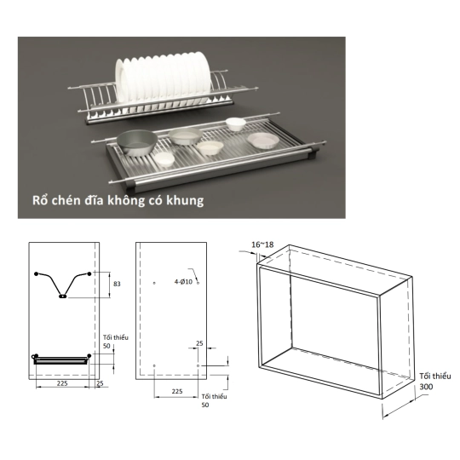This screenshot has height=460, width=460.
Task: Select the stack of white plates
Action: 163,78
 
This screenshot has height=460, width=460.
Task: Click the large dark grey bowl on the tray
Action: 136,142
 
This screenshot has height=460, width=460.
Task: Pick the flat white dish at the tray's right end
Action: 263,141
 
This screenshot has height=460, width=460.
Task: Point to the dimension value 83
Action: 117,284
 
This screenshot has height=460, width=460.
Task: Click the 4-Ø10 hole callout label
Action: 183,282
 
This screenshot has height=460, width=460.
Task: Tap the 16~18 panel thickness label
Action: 262,244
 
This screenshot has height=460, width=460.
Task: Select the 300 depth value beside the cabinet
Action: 426,387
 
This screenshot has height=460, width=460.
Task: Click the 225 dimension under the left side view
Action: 62,383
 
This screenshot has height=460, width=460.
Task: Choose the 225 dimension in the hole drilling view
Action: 177,391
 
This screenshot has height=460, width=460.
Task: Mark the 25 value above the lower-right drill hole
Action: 199,343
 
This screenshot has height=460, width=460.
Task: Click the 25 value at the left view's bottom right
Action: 100,383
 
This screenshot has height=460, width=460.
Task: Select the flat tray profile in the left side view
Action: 61,360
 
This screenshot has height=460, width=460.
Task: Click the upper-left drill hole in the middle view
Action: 154,283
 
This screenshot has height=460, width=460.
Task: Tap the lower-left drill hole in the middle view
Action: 154,365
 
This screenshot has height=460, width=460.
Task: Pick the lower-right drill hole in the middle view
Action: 198,365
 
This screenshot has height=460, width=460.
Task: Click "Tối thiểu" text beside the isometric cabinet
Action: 434,377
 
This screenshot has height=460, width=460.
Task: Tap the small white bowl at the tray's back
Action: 236,124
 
